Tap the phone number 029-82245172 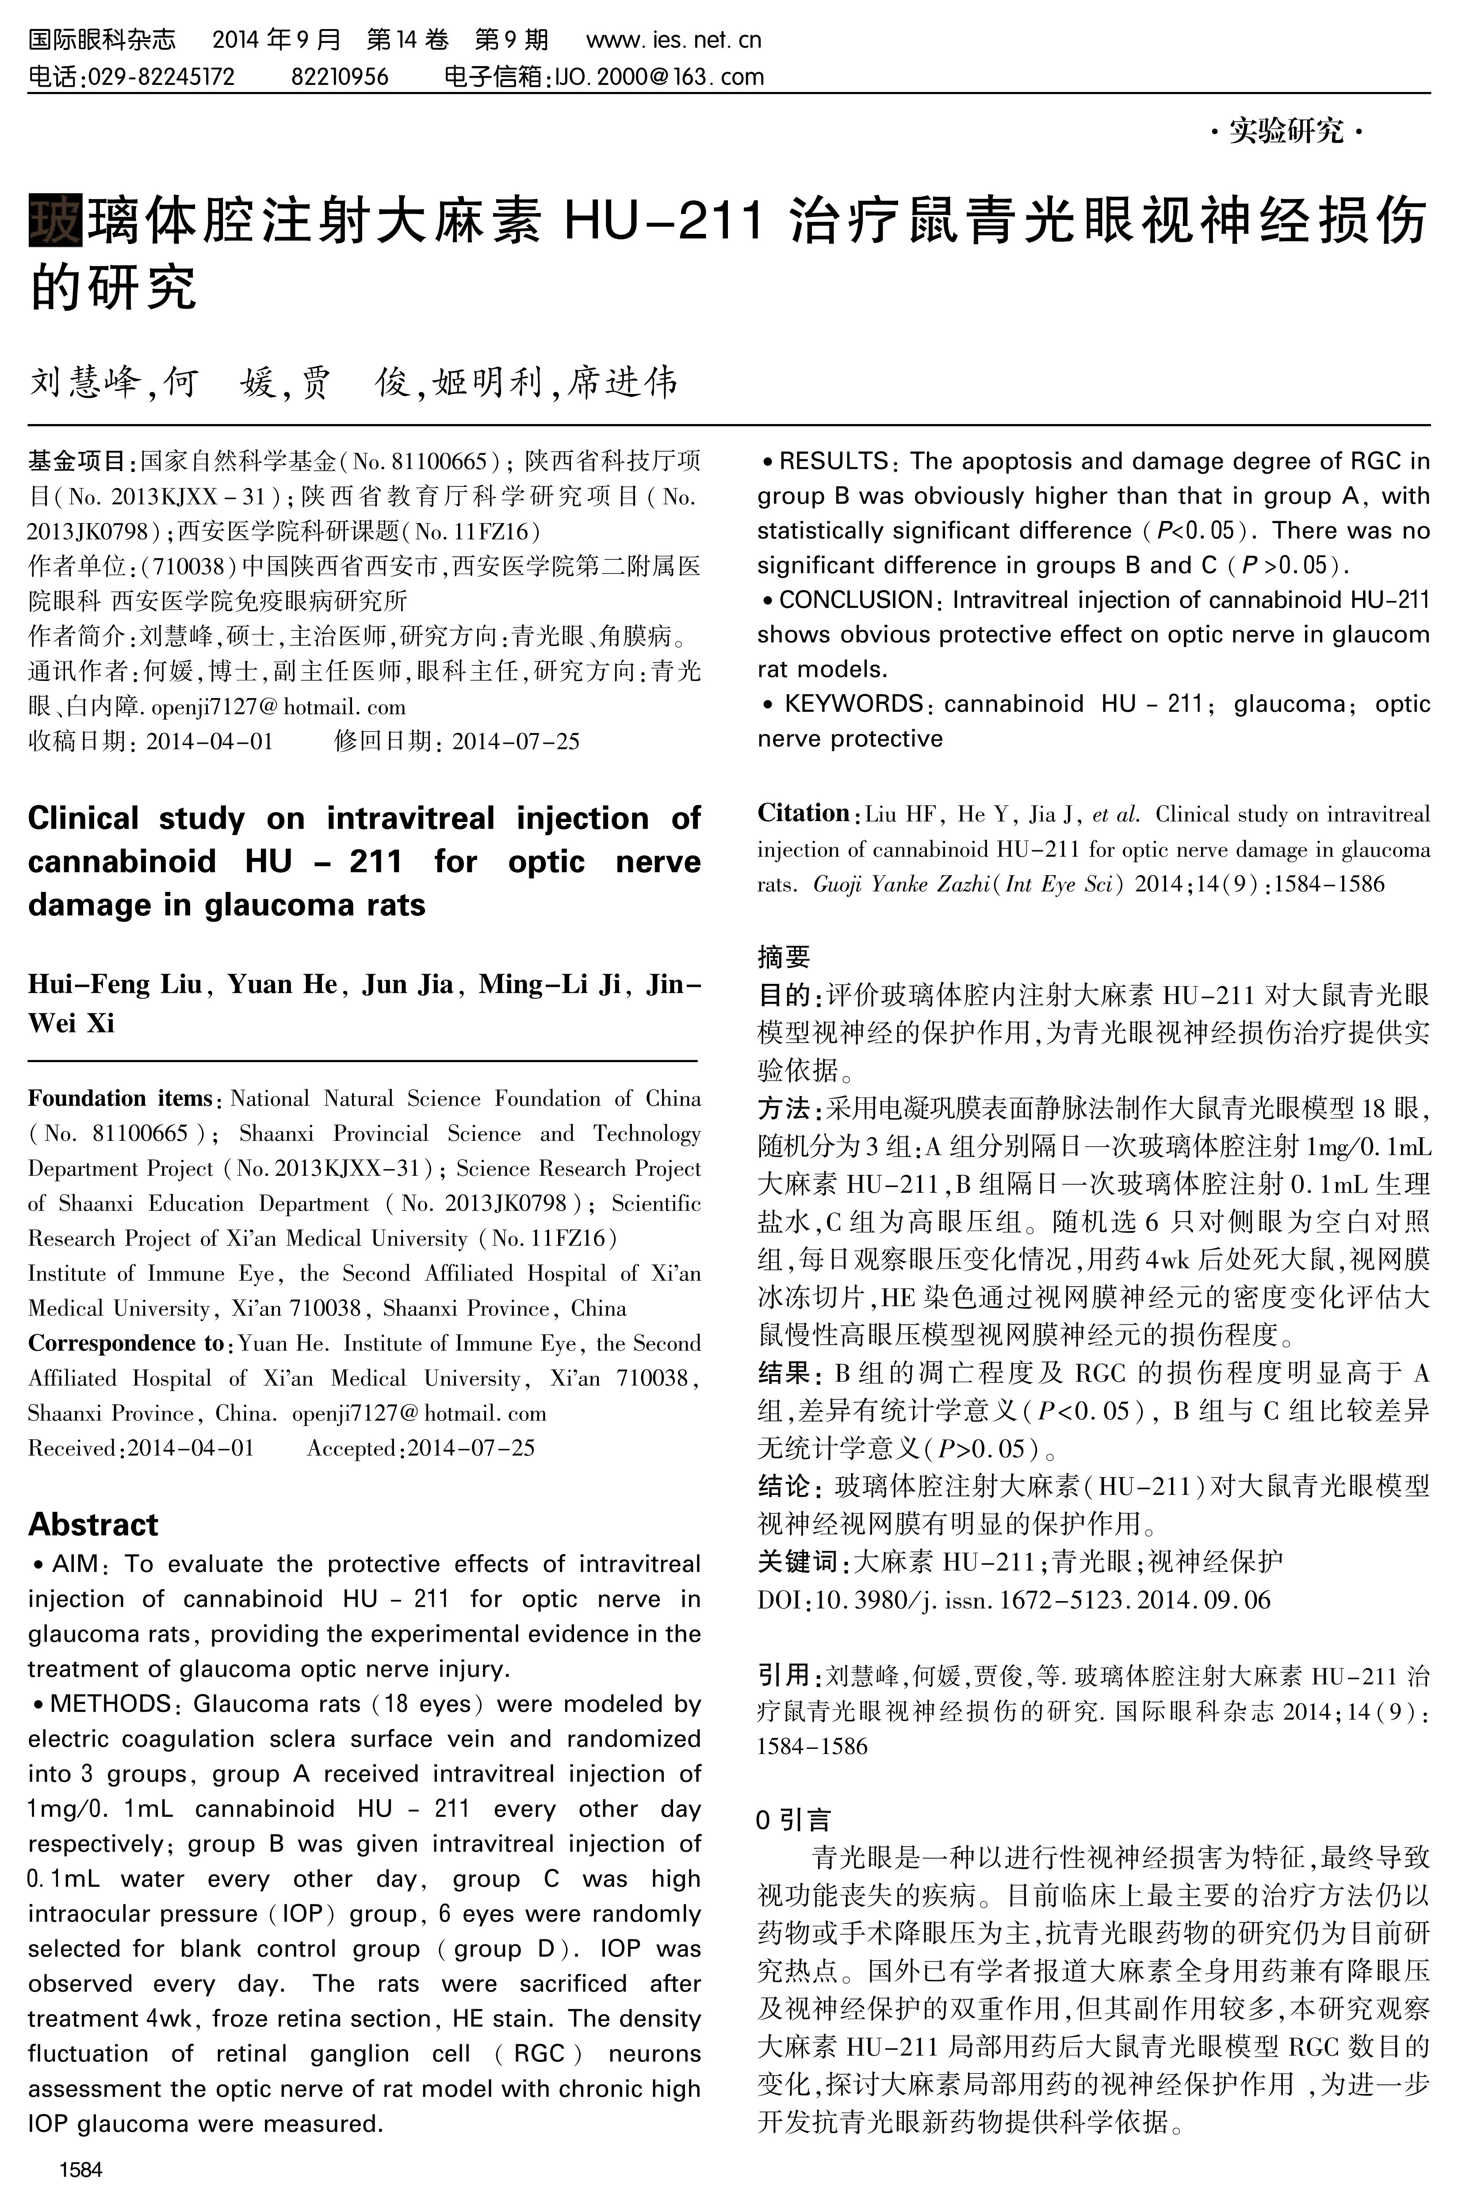(x=160, y=77)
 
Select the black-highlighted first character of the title (x=56, y=219)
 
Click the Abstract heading (x=93, y=1525)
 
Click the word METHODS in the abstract (x=111, y=1704)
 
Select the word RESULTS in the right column (x=833, y=461)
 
